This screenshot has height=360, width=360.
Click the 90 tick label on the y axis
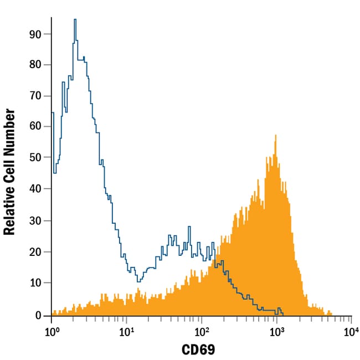point(37,34)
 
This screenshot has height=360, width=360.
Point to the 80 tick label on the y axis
point(37,65)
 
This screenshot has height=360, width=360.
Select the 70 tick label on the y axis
point(37,96)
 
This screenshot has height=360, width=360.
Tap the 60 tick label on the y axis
point(37,127)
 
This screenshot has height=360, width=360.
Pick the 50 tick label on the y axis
point(37,158)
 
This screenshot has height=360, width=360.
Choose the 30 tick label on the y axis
point(37,221)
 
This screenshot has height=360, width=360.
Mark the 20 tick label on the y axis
point(37,252)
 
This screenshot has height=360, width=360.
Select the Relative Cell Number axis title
point(9,172)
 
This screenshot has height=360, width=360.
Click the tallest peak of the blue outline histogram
point(75,20)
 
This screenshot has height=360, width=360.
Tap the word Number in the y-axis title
point(9,133)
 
